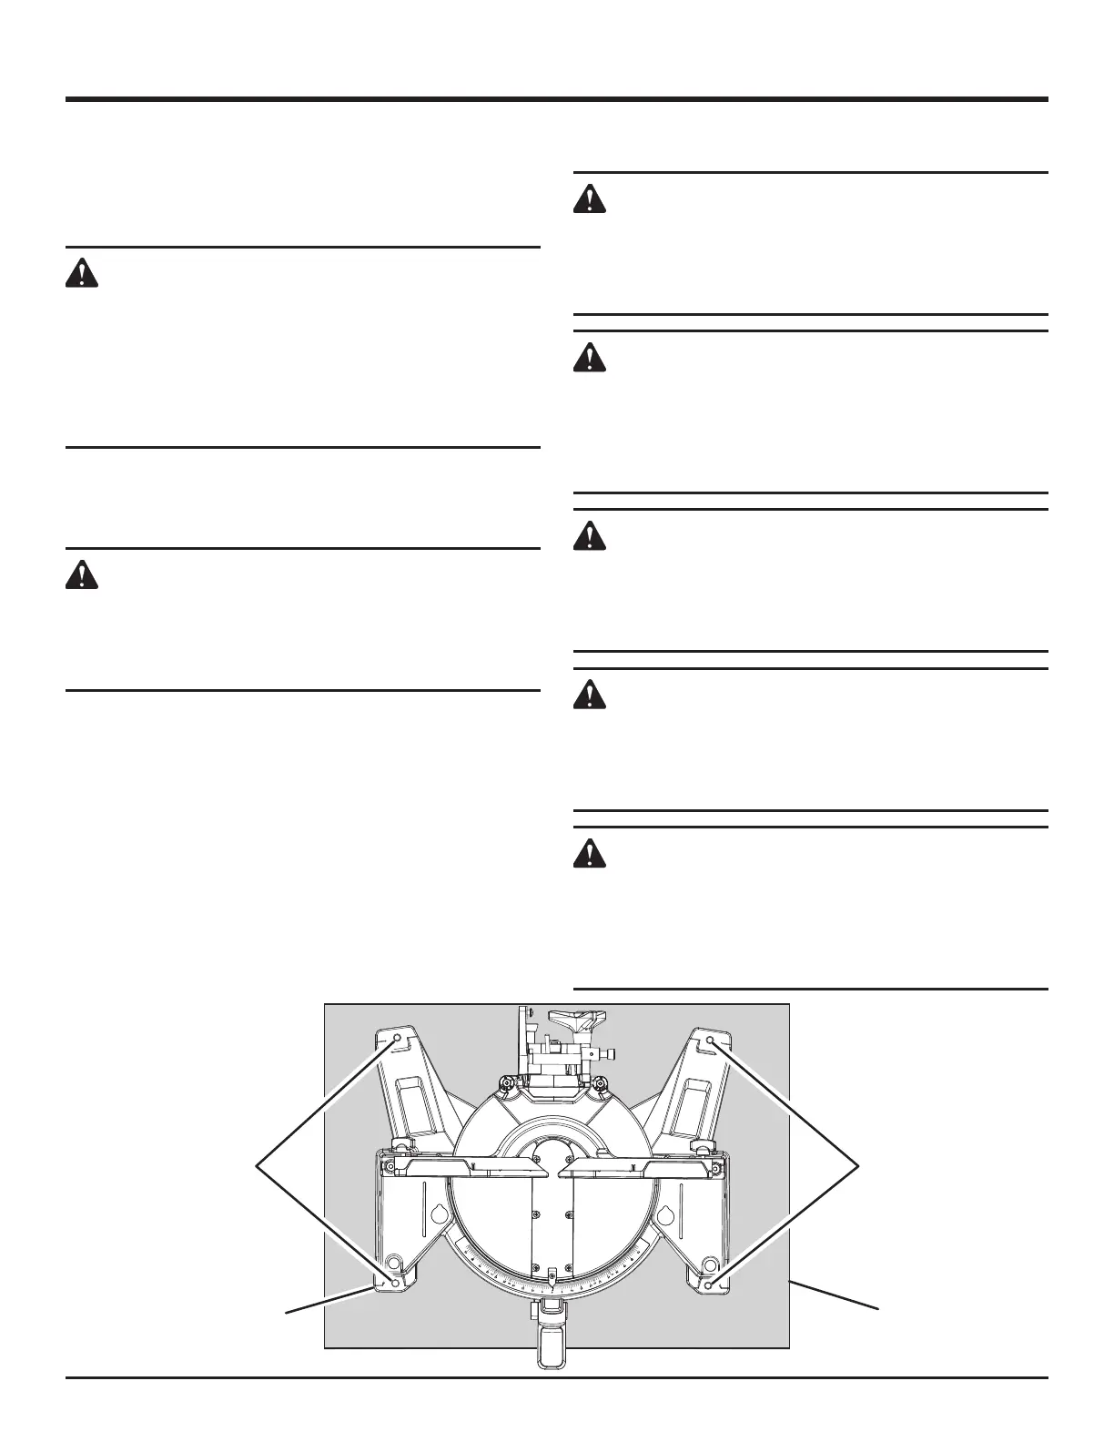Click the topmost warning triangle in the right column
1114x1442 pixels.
pyautogui.click(x=590, y=198)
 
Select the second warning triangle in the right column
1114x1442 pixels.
pyautogui.click(x=590, y=357)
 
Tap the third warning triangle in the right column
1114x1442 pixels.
pyautogui.click(x=590, y=535)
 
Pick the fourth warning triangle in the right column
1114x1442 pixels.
pyautogui.click(x=590, y=696)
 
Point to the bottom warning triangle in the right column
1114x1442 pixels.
pyautogui.click(x=590, y=853)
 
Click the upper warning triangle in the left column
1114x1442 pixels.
pyautogui.click(x=81, y=273)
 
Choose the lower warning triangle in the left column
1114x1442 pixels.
pyautogui.click(x=81, y=575)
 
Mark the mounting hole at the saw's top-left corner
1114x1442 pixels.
pyautogui.click(x=398, y=1038)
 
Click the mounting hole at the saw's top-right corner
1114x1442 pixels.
pyautogui.click(x=710, y=1038)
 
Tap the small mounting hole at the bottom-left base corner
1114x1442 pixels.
pyautogui.click(x=396, y=1284)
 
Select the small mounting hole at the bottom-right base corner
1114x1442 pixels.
pyautogui.click(x=709, y=1284)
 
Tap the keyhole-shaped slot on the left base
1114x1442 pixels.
pyautogui.click(x=438, y=1214)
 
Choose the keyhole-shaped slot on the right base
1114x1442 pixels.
pyautogui.click(x=665, y=1214)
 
